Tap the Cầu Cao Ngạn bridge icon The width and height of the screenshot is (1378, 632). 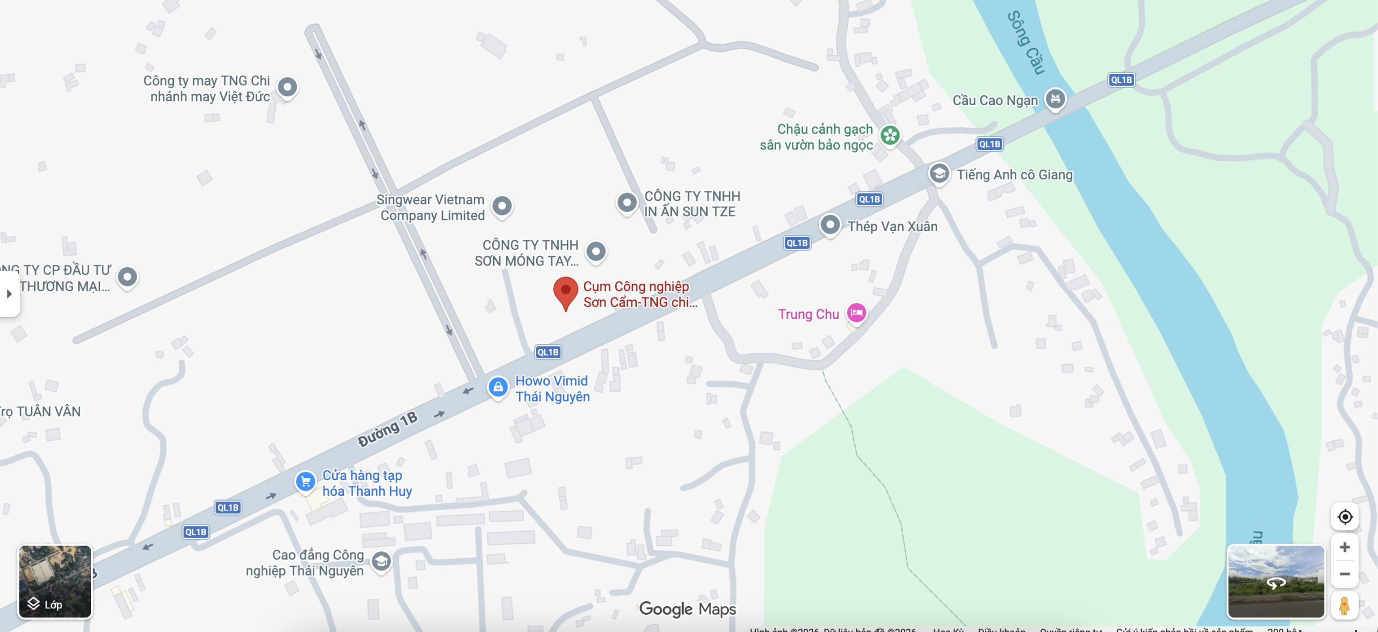1055,99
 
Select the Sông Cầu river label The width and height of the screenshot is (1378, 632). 1026,43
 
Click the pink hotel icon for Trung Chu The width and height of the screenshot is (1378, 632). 856,312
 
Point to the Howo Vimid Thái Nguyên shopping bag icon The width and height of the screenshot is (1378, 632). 498,387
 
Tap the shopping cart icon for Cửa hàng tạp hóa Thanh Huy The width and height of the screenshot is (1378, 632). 305,481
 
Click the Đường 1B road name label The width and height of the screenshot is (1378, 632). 388,429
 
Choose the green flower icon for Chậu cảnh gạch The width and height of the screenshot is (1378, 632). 890,135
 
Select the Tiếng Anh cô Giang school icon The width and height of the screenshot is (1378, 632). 939,173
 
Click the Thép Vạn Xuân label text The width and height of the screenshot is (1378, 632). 892,226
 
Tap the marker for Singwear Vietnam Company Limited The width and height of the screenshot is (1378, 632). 502,205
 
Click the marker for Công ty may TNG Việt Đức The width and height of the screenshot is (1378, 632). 287,87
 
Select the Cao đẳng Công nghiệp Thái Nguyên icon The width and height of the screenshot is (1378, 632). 381,561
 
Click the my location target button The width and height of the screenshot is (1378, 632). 1345,517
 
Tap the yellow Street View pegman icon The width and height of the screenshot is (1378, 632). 1344,606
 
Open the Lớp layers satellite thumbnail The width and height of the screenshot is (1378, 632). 55,581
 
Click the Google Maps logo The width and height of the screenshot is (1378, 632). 687,609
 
